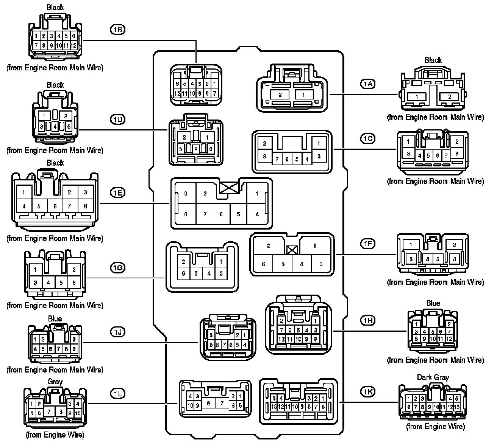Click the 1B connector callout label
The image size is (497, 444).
point(117,30)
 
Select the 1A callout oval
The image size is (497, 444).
point(367,84)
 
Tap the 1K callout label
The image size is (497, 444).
point(367,392)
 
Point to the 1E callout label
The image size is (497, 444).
point(117,193)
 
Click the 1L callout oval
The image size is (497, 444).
point(117,394)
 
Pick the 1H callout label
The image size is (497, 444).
point(367,320)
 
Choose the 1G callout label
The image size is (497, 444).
point(117,268)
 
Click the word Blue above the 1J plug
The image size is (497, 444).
point(55,319)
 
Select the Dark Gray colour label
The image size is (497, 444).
point(433,377)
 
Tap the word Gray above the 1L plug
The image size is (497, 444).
point(55,382)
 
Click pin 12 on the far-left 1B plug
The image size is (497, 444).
point(73,45)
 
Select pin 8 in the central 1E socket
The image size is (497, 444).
point(186,214)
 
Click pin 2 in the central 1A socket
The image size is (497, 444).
point(280,95)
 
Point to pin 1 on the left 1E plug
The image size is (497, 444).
point(24,192)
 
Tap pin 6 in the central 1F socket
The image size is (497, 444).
point(264,264)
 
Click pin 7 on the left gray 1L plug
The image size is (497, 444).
point(48,411)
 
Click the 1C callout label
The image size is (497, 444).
point(367,139)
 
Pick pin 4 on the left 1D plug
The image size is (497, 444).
point(55,126)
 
